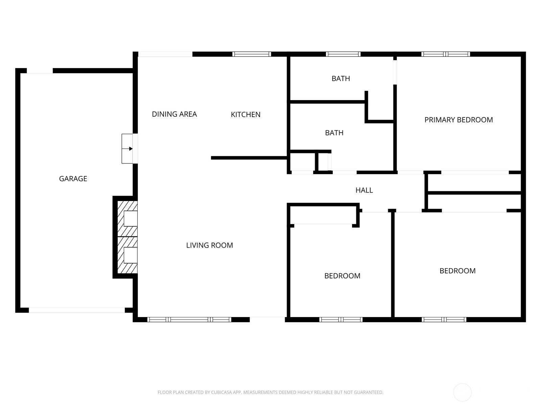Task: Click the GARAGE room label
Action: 73,179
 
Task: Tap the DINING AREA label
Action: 174,114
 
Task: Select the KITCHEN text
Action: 245,115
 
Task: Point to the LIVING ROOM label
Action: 209,245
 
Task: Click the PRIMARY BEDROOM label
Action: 458,120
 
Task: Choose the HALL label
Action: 364,190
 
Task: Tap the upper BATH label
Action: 340,78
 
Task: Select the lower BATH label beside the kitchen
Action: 334,133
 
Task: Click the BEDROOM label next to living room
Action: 342,276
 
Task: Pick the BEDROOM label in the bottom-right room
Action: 457,271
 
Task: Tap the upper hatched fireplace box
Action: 127,219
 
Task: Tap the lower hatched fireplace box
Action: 127,255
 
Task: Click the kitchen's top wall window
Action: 252,54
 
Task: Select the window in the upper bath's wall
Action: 343,54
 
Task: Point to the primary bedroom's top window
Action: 445,54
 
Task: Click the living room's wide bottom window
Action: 189,319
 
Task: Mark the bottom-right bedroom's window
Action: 444,319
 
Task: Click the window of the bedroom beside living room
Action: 341,319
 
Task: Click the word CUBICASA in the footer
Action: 221,392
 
